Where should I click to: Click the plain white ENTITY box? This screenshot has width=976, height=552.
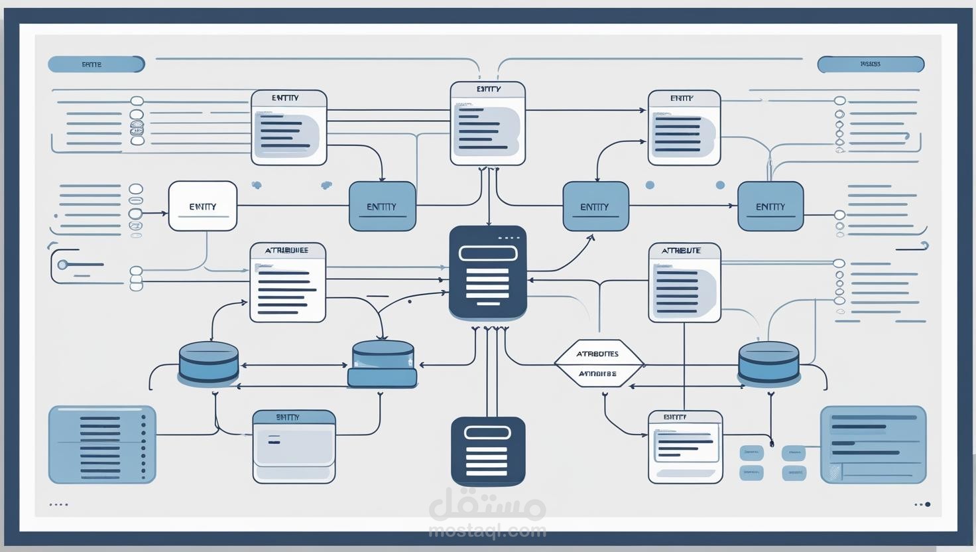click(x=202, y=206)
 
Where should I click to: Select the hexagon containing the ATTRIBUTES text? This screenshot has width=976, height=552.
click(x=598, y=363)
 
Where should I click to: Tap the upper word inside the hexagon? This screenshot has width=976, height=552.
click(x=597, y=354)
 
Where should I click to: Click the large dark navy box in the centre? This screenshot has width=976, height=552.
click(x=487, y=272)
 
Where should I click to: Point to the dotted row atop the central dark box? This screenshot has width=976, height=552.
click(x=508, y=238)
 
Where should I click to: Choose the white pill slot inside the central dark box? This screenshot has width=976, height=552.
click(x=487, y=253)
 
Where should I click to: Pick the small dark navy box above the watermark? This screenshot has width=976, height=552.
click(x=487, y=451)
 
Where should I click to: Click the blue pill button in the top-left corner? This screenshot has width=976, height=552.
click(x=96, y=64)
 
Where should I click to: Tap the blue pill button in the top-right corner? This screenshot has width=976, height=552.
click(x=870, y=64)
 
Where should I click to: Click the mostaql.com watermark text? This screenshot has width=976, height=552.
click(x=487, y=530)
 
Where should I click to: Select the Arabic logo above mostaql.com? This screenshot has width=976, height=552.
click(x=487, y=506)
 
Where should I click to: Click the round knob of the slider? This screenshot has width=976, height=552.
click(x=62, y=265)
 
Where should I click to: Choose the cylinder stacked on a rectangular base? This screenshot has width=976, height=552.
click(x=383, y=364)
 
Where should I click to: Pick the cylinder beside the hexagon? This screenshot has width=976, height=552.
click(x=768, y=362)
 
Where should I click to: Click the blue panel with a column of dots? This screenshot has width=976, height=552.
click(x=102, y=445)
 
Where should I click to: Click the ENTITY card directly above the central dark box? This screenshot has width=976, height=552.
click(x=487, y=123)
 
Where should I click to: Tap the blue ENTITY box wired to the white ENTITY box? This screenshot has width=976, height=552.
click(x=382, y=206)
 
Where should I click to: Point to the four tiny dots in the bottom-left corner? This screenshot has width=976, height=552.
click(x=58, y=504)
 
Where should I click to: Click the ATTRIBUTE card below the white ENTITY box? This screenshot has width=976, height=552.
click(x=287, y=282)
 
